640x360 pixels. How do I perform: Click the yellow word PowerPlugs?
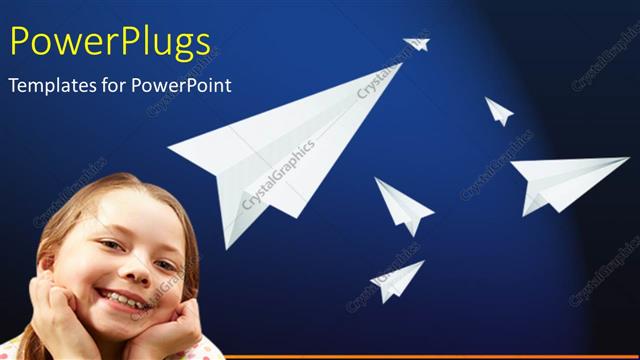tap(110, 42)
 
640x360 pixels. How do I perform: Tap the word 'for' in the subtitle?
tap(116, 86)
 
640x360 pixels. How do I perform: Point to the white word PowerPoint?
tap(186, 86)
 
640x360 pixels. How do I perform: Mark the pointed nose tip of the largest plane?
tap(399, 65)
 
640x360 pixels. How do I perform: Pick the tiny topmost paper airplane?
tap(417, 44)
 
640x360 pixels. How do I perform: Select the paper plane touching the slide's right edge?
tap(568, 182)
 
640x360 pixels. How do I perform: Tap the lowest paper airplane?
tap(397, 280)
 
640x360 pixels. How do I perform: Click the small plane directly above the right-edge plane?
tap(498, 111)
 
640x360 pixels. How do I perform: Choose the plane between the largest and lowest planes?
tap(402, 205)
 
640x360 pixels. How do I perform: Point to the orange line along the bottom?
tap(420, 356)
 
